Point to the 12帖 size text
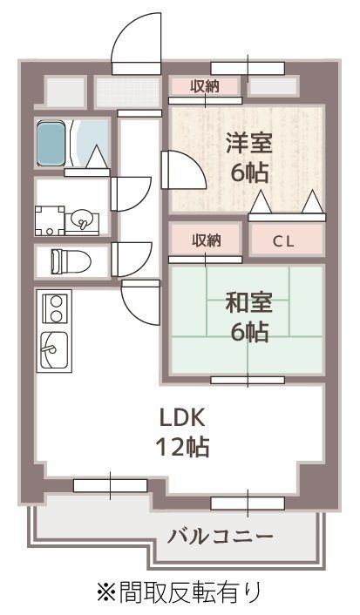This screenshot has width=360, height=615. coord(181,447)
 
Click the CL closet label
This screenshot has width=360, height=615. coord(284,242)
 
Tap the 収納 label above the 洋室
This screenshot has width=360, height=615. coord(206,84)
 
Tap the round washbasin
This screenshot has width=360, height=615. coord(81,218)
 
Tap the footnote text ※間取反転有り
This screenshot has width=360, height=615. coord(179,592)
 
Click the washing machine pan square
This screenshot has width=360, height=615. coord(49,220)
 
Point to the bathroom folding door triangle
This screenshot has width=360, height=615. coord(97,156)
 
